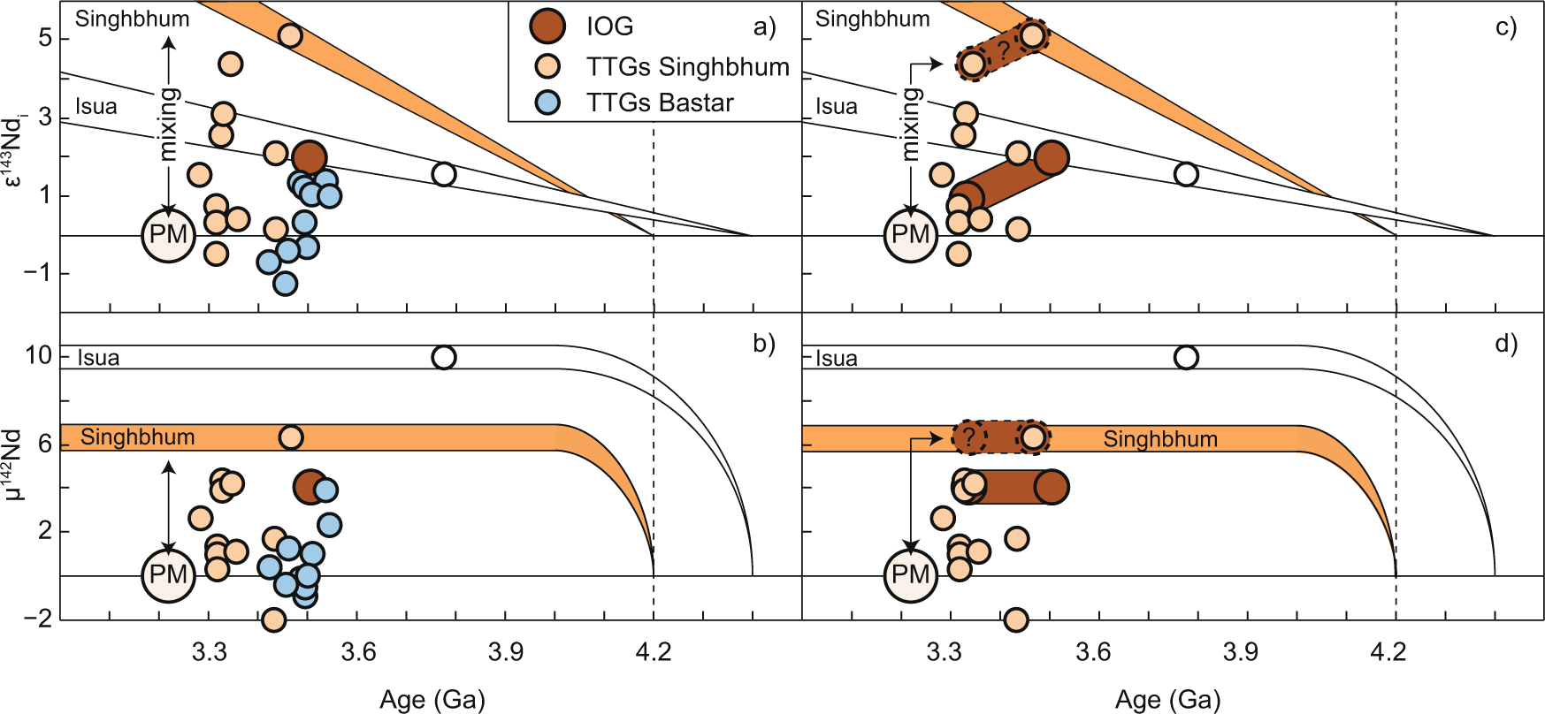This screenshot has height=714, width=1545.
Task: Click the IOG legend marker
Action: click(x=547, y=26)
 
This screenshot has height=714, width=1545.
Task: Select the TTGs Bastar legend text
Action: click(x=660, y=103)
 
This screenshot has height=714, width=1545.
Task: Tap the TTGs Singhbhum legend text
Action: click(x=687, y=66)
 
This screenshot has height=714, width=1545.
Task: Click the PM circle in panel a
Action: click(x=168, y=235)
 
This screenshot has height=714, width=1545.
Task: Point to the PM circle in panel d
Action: click(x=910, y=575)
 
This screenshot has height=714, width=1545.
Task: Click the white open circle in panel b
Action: click(x=444, y=357)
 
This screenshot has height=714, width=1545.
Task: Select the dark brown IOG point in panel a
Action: click(x=310, y=158)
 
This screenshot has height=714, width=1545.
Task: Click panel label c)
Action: click(x=1506, y=27)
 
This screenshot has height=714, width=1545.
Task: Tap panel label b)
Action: click(x=764, y=344)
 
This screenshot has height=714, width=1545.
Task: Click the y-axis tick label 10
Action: click(x=39, y=355)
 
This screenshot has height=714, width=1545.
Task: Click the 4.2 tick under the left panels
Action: click(x=653, y=653)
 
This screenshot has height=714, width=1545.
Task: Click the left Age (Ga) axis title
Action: click(x=432, y=699)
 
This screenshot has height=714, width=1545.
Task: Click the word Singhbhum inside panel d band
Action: click(x=1160, y=439)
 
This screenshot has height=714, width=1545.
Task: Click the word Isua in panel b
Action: click(x=98, y=358)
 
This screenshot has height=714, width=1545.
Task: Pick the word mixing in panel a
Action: click(x=168, y=124)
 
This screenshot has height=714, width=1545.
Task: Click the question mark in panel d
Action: click(x=968, y=437)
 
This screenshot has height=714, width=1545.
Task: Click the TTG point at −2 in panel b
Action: click(x=274, y=619)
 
